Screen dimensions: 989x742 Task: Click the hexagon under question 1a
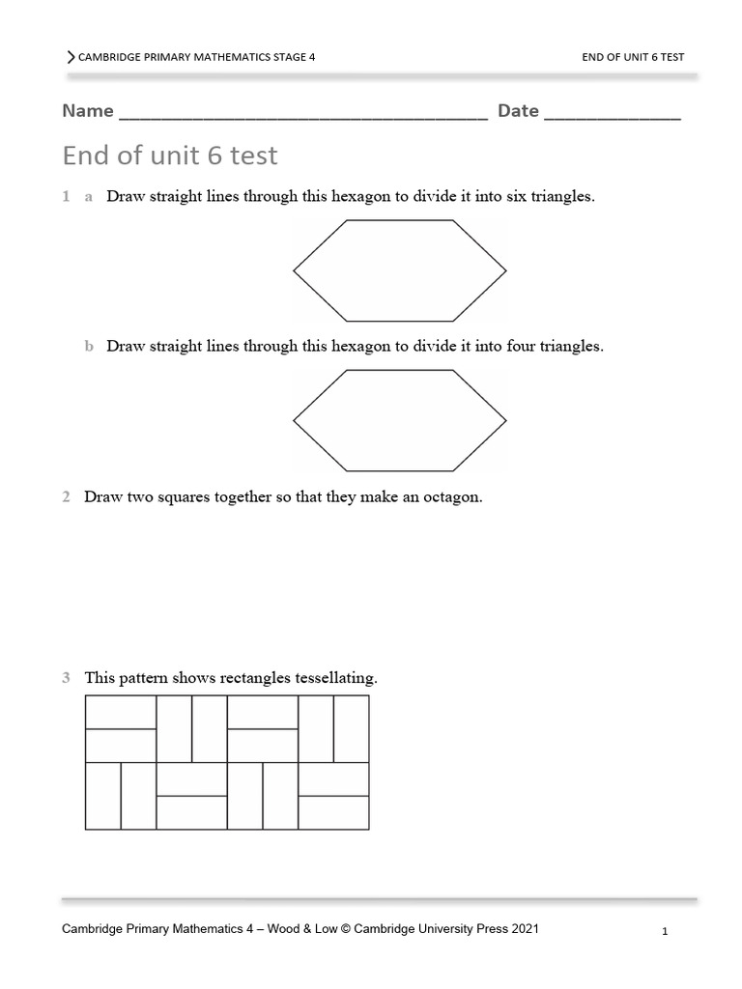click(399, 269)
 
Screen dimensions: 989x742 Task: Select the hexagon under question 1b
click(399, 419)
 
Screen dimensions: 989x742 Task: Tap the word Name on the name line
click(88, 111)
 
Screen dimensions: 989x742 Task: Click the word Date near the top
click(518, 111)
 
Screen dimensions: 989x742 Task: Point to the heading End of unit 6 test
click(170, 155)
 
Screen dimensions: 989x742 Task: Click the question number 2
click(67, 497)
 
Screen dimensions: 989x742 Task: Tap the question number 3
click(67, 678)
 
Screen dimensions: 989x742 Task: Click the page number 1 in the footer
click(666, 932)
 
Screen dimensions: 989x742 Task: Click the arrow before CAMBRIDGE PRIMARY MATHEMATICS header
click(71, 57)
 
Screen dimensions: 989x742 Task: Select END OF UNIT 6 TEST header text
click(633, 57)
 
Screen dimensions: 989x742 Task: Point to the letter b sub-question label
click(89, 346)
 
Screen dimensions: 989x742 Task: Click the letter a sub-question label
click(89, 196)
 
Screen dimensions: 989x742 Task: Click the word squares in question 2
click(187, 497)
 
